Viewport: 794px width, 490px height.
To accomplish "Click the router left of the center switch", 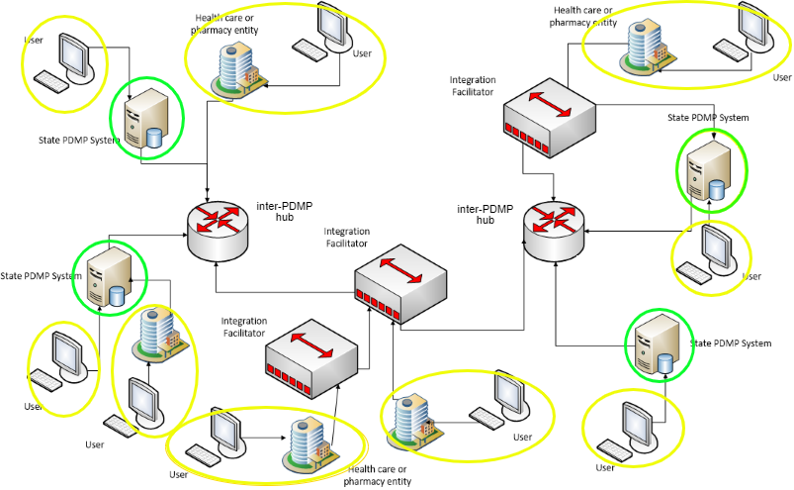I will click(217, 232).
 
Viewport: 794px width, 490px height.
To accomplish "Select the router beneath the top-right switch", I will click(553, 232).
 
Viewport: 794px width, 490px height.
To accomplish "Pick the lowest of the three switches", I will click(310, 358).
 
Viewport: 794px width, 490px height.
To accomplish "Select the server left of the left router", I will click(108, 278).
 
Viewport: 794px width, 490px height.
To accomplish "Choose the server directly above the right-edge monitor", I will click(712, 169).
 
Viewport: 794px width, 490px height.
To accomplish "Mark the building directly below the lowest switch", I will click(307, 441).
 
